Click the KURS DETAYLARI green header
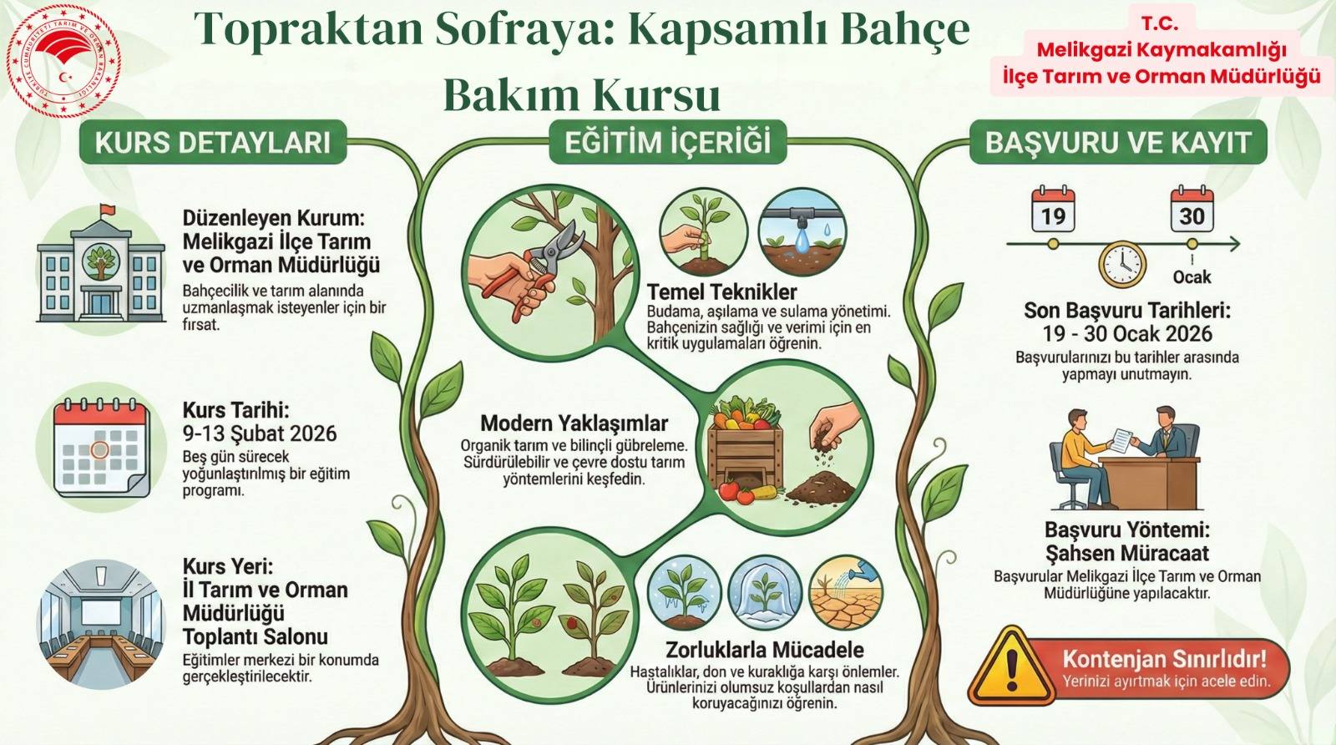click(213, 142)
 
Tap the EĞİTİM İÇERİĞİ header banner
click(667, 142)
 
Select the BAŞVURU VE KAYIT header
click(1118, 142)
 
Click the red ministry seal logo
click(63, 61)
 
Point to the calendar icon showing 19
click(1053, 210)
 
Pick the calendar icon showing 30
click(1192, 210)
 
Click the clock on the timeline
click(1122, 264)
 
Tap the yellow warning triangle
click(1011, 666)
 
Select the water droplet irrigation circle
click(802, 233)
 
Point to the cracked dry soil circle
click(846, 593)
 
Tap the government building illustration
click(101, 268)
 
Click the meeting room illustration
click(100, 624)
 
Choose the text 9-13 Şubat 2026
click(260, 433)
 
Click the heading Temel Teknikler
click(721, 292)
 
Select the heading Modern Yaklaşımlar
click(574, 423)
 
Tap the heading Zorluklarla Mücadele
click(765, 650)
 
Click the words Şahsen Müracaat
click(1127, 553)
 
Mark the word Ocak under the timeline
click(1192, 276)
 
